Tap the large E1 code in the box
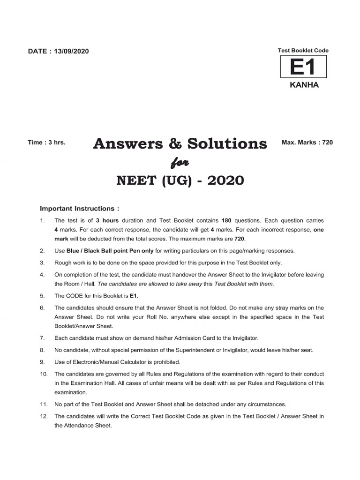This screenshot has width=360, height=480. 303,67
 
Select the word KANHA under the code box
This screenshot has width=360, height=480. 303,85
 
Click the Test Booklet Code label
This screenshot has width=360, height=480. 303,50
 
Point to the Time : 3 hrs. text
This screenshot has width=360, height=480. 46,142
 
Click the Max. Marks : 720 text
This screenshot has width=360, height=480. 307,142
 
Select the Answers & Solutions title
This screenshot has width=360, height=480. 180,143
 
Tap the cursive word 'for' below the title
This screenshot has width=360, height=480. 180,162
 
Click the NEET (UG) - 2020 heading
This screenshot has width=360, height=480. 180,180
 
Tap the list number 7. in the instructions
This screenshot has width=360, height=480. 42,337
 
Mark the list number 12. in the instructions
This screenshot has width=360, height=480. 44,416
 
